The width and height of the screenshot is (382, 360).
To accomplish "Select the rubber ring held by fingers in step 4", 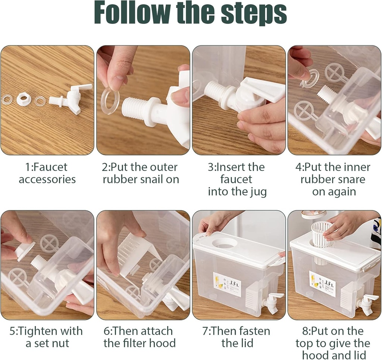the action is coord(309,78).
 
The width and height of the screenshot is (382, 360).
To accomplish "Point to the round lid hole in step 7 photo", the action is coord(225,243).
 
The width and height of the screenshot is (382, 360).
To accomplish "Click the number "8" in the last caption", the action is coord(305,331).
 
